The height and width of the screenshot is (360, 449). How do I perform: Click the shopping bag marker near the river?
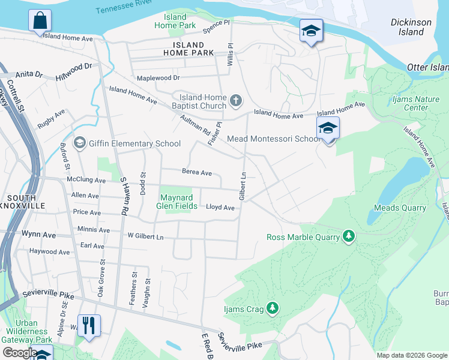click(x=40, y=21)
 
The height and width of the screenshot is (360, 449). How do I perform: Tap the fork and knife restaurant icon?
click(x=89, y=326)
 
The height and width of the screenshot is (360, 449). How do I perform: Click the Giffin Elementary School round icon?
click(x=79, y=143)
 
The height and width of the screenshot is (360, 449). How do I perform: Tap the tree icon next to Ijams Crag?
click(x=273, y=308)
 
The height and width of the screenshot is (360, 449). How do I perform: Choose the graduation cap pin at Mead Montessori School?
click(x=328, y=128)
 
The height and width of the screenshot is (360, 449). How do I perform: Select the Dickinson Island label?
click(x=411, y=27)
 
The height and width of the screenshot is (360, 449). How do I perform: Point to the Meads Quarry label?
click(x=400, y=208)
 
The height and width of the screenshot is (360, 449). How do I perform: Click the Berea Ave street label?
click(x=197, y=173)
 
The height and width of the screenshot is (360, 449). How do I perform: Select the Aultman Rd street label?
click(x=194, y=125)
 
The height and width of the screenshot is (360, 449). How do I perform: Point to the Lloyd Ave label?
click(x=220, y=208)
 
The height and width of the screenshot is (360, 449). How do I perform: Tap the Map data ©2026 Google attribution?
click(x=411, y=355)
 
